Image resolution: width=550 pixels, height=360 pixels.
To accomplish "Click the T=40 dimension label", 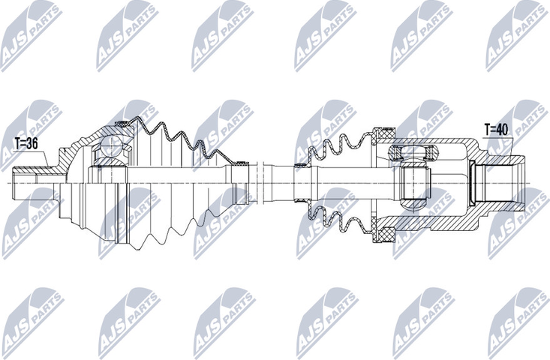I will coord(496,129).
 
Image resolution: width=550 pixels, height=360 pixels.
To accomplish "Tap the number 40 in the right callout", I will coord(503,129).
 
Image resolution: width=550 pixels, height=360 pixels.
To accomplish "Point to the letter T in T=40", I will coord(485,129).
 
